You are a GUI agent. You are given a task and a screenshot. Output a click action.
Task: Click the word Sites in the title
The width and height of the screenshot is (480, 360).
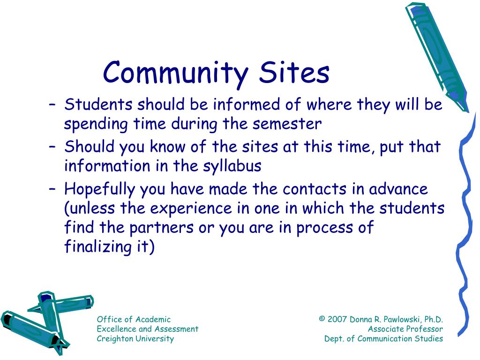click(x=294, y=72)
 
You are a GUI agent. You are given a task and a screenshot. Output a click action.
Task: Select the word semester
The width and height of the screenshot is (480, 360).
click(x=287, y=124)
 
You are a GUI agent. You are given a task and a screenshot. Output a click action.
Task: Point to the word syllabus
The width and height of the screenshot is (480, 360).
click(x=232, y=166)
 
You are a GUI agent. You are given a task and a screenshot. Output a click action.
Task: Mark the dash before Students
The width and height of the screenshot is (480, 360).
click(x=52, y=105)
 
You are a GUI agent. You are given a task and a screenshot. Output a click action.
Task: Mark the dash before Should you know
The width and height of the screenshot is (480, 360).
click(x=52, y=147)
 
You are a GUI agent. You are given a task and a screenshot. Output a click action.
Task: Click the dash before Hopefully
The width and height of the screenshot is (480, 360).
click(x=52, y=189)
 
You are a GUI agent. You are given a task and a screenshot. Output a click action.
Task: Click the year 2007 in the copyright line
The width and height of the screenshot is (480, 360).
click(x=337, y=319)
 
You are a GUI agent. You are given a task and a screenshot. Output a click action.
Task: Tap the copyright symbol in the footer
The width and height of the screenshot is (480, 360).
click(x=322, y=319)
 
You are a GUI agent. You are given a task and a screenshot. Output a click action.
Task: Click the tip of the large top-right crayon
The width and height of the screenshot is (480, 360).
click(x=467, y=112)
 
